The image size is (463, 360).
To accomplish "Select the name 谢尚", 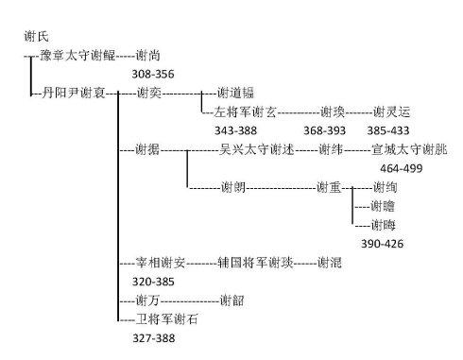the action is point(147,56).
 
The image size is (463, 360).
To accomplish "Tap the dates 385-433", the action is point(389,129).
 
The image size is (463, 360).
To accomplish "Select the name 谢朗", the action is point(234,186).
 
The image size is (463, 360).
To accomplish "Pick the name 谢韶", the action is point(231,300).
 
